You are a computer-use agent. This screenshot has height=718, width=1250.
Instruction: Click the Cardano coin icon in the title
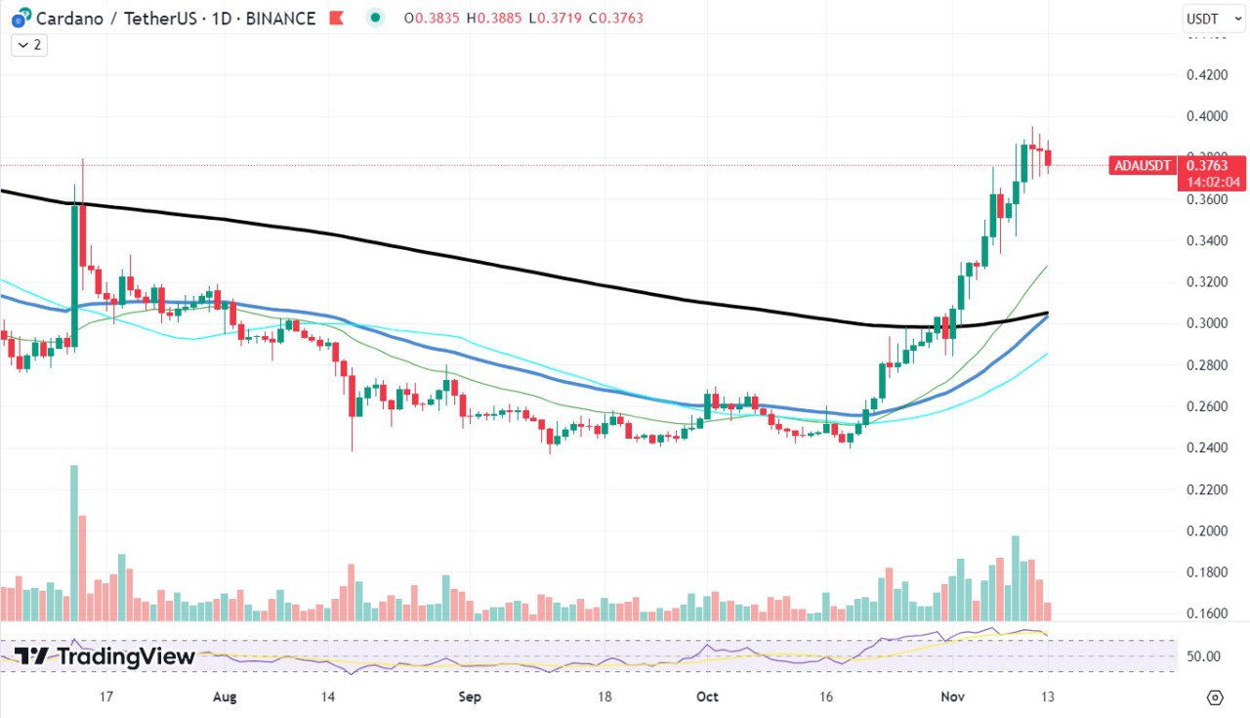tap(18, 19)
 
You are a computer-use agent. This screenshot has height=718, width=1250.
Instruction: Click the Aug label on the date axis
tap(225, 697)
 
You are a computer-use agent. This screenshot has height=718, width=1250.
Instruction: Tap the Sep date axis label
tap(470, 697)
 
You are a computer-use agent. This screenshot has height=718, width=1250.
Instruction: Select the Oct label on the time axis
tap(708, 697)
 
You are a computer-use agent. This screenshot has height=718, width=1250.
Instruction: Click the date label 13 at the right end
tap(1048, 697)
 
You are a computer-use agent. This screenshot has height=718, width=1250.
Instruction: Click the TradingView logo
tap(104, 656)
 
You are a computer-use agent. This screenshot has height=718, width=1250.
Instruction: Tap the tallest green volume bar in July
tap(74, 543)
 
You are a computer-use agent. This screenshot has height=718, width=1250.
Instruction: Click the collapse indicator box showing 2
tap(30, 45)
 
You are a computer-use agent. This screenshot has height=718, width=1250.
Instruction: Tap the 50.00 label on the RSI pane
tap(1203, 656)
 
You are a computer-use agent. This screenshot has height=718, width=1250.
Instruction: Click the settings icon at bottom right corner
tap(1215, 697)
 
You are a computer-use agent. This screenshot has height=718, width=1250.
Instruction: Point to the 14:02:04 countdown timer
tap(1214, 182)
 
